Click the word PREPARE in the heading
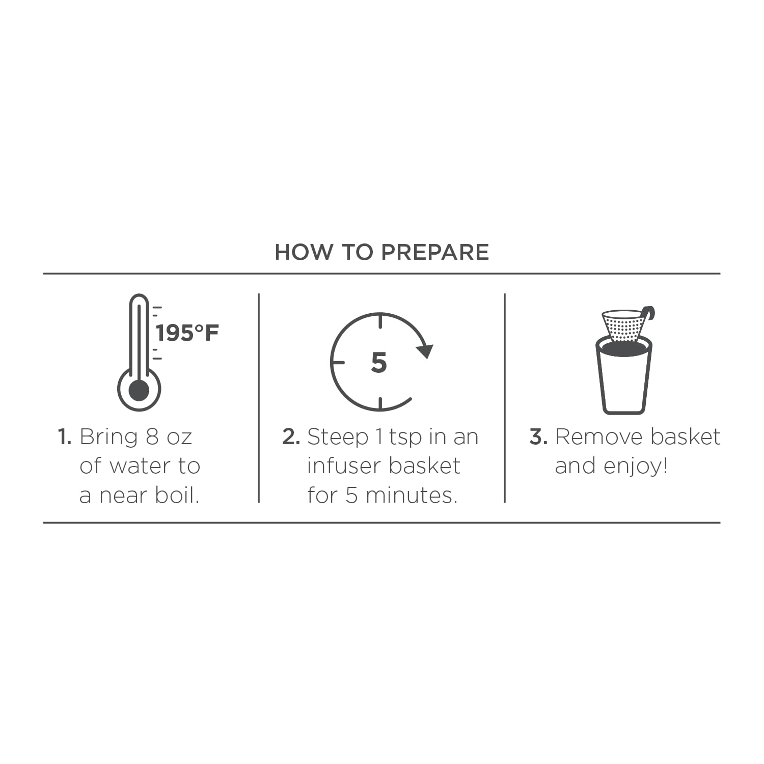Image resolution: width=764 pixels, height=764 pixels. pos(435,252)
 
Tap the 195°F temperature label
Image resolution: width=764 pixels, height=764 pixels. pos(187,333)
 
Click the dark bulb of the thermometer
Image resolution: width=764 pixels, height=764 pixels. pos(139,391)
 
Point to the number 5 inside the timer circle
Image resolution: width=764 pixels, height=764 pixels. pos(379,363)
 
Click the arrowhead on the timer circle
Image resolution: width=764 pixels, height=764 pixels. pos(424,350)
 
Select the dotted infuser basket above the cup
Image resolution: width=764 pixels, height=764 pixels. pos(623,325)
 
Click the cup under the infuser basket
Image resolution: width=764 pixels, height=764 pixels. pos(624,376)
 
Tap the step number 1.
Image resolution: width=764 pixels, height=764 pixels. pos(65,437)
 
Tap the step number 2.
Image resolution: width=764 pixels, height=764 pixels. pos(291,437)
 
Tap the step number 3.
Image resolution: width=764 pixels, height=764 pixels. pos(538,437)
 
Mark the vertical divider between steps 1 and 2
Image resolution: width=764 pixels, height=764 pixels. pos(259,398)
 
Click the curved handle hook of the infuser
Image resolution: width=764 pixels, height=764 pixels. pos(648,313)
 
